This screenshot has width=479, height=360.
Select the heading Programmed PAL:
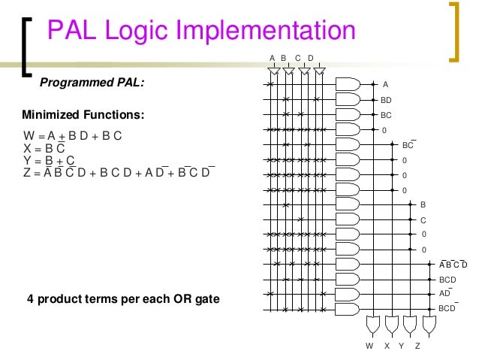[91, 83]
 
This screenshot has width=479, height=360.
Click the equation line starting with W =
[73, 136]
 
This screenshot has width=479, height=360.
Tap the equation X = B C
[44, 149]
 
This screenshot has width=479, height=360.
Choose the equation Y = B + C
[50, 161]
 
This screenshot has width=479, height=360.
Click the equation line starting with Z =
[119, 173]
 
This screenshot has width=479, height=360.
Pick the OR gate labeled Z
[429, 325]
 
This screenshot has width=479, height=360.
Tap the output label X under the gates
[387, 346]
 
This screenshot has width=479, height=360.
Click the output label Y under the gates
[402, 346]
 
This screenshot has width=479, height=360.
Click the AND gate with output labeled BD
[348, 99]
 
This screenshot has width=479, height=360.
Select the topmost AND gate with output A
[348, 84]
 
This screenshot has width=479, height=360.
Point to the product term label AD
[444, 293]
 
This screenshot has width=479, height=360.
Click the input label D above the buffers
[311, 58]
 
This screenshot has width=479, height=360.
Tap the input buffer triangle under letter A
[273, 70]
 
